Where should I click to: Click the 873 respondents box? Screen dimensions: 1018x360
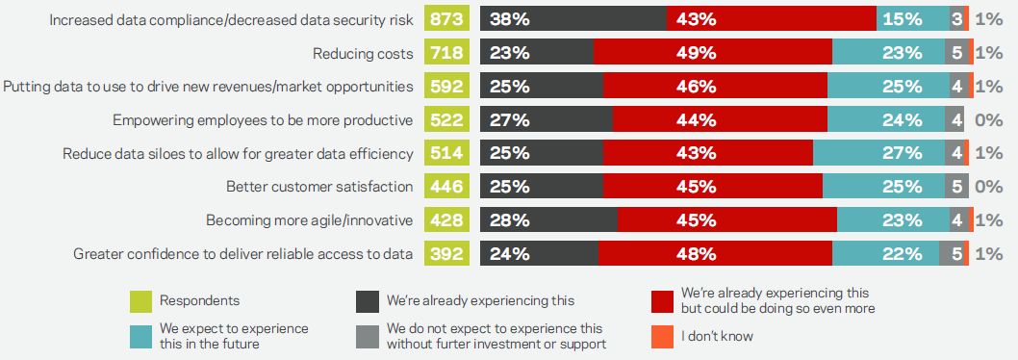(x=447, y=19)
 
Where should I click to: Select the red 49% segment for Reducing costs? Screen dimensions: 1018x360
(x=713, y=53)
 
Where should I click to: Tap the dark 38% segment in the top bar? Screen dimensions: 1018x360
(x=573, y=19)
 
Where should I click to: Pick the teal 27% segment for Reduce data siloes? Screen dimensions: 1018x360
(x=878, y=153)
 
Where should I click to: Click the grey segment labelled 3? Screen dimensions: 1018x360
(x=957, y=19)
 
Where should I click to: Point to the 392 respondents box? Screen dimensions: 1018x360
(x=447, y=254)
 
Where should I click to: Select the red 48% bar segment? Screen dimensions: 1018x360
(x=716, y=254)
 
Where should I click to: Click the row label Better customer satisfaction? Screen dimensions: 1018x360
(x=319, y=187)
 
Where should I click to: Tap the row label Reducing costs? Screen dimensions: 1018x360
(x=363, y=53)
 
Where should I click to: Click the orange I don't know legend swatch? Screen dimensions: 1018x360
(x=663, y=336)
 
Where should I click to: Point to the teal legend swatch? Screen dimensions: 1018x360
(x=140, y=336)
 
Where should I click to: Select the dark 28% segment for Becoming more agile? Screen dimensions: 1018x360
(x=549, y=220)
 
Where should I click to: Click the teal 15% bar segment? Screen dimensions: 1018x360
(x=913, y=19)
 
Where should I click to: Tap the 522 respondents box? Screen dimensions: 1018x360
(x=447, y=120)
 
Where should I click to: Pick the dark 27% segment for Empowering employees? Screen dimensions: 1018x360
(x=547, y=120)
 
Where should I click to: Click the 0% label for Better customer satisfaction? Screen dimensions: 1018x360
(x=989, y=187)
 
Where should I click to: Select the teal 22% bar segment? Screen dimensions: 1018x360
(x=885, y=254)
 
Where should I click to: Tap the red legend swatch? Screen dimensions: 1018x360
(x=663, y=301)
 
